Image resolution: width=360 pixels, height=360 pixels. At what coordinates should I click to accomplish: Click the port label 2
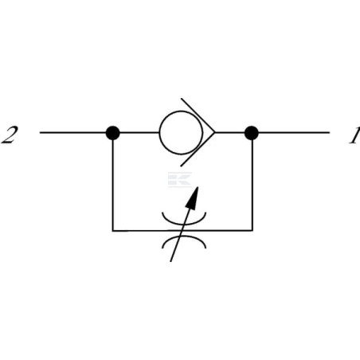click(10, 135)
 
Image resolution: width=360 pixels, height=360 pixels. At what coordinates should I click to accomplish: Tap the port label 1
click(354, 135)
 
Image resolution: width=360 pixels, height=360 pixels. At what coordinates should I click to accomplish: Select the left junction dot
click(113, 133)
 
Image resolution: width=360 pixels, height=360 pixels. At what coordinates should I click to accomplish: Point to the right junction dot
click(252, 133)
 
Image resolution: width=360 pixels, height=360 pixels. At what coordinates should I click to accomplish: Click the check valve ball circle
click(159, 133)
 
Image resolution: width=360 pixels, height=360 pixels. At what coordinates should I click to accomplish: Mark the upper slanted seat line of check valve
click(198, 115)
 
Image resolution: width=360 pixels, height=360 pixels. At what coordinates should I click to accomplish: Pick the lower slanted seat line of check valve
click(198, 150)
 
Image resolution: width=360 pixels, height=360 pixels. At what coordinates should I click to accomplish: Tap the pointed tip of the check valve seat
click(214, 132)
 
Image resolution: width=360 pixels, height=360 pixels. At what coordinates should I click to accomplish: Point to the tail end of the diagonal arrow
click(170, 261)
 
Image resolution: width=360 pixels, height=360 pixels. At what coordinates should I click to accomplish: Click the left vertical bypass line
click(113, 185)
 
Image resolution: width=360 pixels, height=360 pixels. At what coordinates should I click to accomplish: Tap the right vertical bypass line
click(252, 185)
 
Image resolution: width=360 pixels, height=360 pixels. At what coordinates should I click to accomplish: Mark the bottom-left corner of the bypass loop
click(113, 230)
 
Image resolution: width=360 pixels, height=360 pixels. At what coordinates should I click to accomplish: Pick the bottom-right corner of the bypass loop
click(252, 230)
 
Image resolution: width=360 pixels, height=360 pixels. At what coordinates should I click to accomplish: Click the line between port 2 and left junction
click(73, 132)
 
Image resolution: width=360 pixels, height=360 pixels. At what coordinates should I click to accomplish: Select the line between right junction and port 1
click(294, 132)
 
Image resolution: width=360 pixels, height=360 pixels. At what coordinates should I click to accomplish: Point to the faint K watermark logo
click(180, 179)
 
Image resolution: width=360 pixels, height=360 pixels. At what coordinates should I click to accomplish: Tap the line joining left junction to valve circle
click(139, 132)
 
